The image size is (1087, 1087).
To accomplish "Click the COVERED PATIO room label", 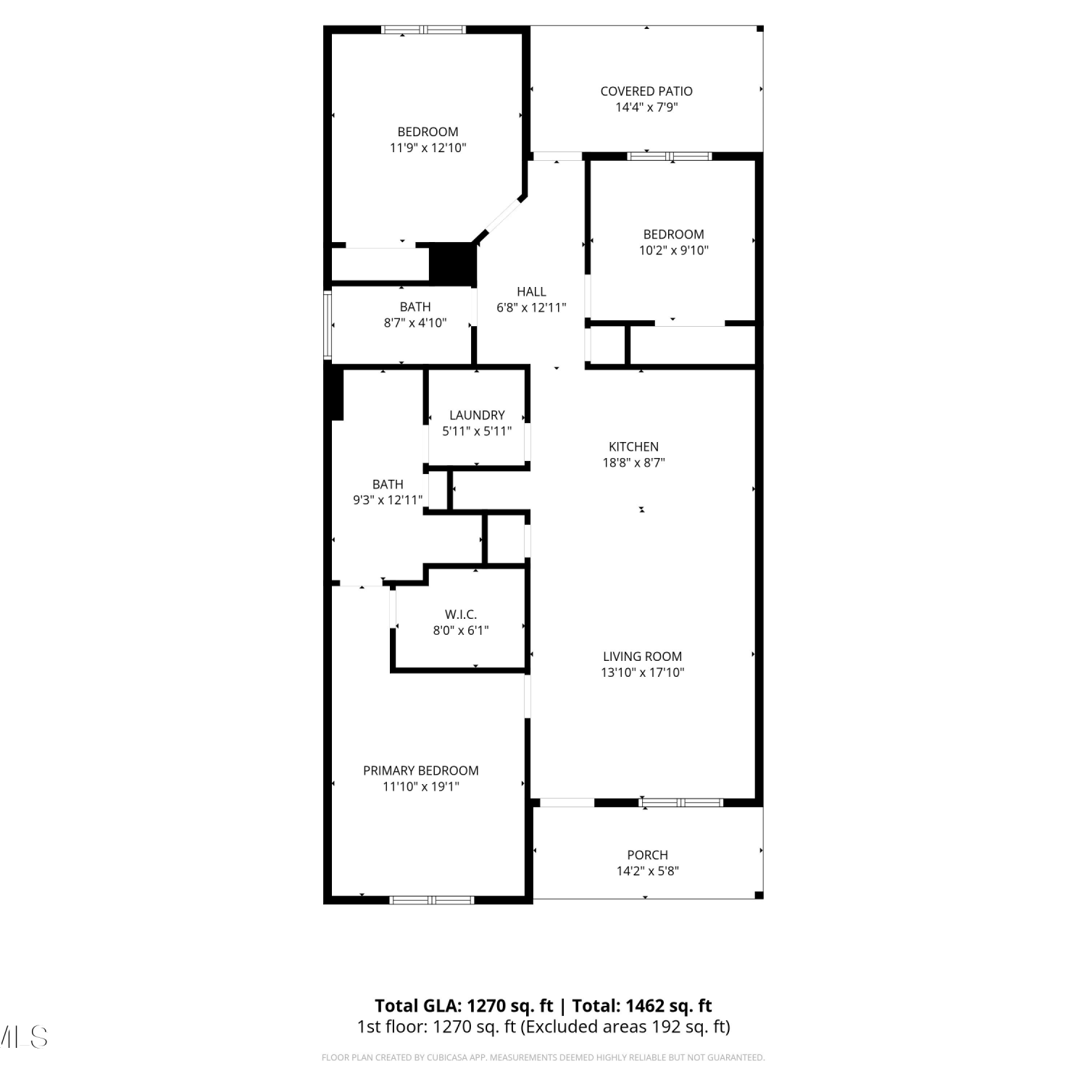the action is [646, 91].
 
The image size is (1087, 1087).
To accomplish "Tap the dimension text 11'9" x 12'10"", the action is [428, 148].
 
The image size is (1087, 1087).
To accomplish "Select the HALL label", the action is [531, 291].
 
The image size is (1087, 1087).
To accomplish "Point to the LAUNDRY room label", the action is [477, 415].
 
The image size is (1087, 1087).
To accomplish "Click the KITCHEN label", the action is [633, 447].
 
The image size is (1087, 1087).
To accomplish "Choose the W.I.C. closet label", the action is [461, 615].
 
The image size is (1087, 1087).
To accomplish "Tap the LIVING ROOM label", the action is [642, 657].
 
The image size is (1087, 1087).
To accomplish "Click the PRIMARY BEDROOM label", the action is [421, 770].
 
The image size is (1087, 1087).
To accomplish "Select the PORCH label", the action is [648, 855].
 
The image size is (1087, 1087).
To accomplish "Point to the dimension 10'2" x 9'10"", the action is [674, 251].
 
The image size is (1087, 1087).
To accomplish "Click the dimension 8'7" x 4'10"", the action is [415, 323].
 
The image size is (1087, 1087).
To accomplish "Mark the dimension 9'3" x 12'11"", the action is [388, 500].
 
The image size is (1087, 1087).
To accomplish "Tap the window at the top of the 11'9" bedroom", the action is [423, 30].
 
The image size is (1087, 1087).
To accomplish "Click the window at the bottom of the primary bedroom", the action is [432, 900].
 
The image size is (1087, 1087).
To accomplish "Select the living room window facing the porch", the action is [680, 802].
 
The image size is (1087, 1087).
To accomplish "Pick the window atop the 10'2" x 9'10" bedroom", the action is [670, 156].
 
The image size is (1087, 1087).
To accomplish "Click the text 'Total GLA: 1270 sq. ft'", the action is [464, 1006].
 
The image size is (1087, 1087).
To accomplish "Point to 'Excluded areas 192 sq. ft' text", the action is [626, 1027].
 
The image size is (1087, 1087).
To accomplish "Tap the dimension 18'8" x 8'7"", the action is [634, 463].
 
